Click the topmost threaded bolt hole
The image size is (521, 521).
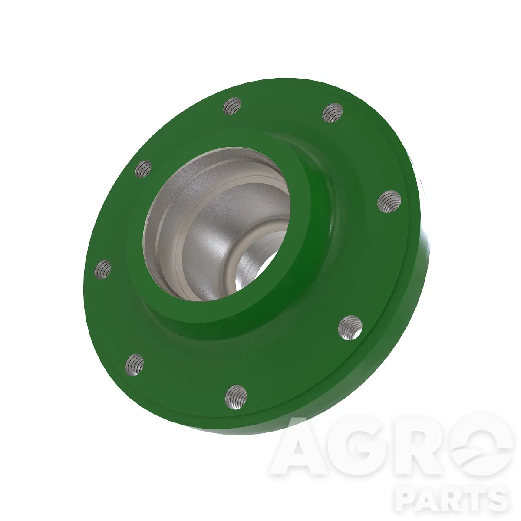(x=232, y=106)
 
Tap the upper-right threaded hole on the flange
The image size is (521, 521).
(x=333, y=113)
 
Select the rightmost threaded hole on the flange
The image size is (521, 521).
(x=389, y=201)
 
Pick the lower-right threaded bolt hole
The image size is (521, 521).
(x=350, y=328)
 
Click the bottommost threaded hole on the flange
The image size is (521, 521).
(x=236, y=397)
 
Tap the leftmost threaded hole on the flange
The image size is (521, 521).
(x=103, y=269)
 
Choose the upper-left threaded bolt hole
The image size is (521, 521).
(x=143, y=169)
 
